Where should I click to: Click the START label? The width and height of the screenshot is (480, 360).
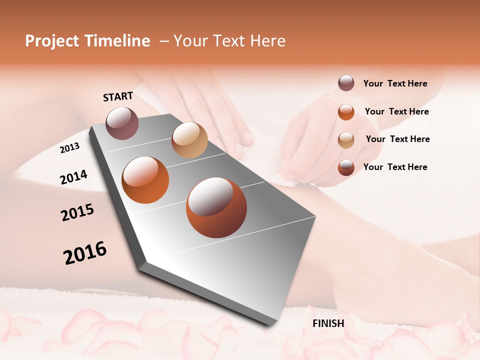(x=118, y=96)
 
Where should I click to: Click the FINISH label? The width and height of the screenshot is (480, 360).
(x=328, y=323)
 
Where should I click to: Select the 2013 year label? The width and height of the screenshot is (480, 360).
(x=70, y=148)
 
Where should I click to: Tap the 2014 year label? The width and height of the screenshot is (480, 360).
(x=74, y=177)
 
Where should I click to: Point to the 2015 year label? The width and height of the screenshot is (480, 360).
(x=77, y=212)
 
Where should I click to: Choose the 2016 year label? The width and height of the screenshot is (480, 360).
(x=85, y=253)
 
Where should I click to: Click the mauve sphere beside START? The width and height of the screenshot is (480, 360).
(x=122, y=123)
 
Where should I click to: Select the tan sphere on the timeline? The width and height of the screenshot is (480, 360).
(x=189, y=140)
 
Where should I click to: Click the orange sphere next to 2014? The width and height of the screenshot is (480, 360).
(x=145, y=180)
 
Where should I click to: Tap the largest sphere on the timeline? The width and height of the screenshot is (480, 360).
(x=216, y=207)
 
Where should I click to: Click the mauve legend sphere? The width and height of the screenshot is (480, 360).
(x=346, y=83)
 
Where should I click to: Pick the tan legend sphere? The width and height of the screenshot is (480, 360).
(x=346, y=140)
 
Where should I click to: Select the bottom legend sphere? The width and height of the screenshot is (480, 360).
(x=346, y=167)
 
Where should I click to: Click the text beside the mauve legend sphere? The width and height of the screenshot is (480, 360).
(x=395, y=83)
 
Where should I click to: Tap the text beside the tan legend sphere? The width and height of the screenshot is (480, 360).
(x=398, y=139)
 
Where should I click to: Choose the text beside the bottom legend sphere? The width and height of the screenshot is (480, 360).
(x=395, y=167)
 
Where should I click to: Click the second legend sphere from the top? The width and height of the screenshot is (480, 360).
(x=346, y=112)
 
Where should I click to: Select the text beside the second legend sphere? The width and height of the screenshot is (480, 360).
(x=397, y=111)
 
